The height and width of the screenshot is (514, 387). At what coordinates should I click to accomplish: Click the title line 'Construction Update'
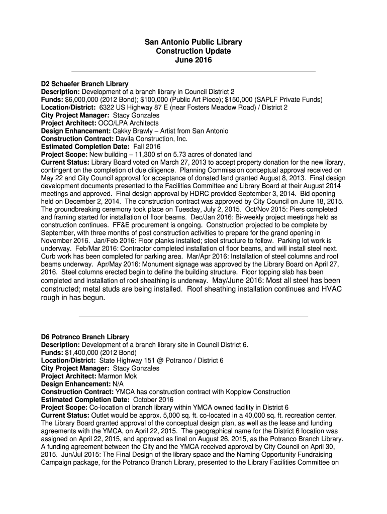coord(193,51)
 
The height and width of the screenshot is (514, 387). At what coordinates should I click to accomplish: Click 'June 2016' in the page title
coord(193,60)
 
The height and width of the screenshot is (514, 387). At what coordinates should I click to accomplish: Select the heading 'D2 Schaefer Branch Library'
coord(84,84)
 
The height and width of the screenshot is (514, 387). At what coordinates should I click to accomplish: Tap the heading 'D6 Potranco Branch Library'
coord(85,337)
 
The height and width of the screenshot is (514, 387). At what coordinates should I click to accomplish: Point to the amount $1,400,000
coord(81,352)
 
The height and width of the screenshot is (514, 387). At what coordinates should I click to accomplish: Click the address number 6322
coord(108,107)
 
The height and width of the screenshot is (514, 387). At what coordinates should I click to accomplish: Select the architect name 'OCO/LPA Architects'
coord(128,123)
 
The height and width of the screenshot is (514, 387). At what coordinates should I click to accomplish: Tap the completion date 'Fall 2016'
coord(132,147)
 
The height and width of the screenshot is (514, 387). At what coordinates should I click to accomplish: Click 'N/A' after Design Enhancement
coord(120,383)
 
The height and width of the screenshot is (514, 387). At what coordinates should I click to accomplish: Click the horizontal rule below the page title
coord(193,72)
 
